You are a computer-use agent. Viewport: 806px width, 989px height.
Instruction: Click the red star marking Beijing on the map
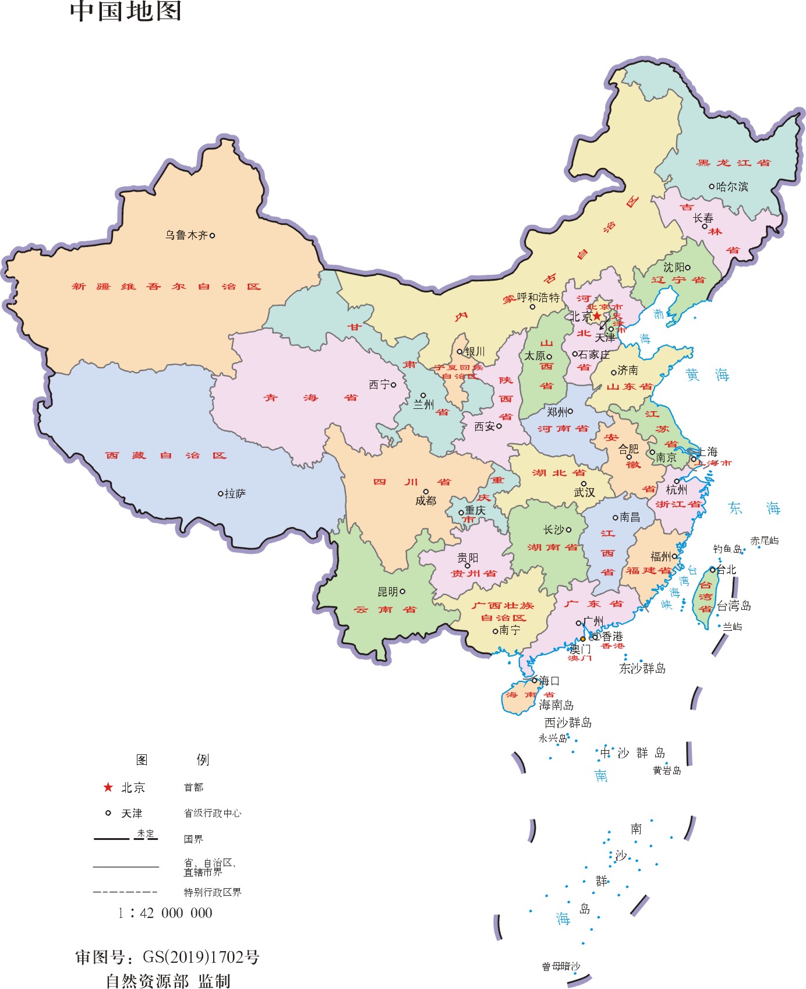(597, 316)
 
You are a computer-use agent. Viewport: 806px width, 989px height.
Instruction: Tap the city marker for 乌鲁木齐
(212, 235)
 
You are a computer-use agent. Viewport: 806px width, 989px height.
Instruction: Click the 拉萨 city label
(235, 493)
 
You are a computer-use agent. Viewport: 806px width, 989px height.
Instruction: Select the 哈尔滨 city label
(732, 186)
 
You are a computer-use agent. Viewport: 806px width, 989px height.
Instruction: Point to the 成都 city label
(426, 501)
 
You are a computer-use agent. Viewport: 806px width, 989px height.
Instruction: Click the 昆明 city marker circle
(402, 591)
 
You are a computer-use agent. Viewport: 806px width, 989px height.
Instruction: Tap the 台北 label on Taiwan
(726, 570)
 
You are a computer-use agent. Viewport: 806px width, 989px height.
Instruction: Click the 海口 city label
(549, 680)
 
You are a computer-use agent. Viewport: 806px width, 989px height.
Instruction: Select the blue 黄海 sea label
(707, 375)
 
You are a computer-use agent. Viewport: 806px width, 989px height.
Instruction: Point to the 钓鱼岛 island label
(727, 549)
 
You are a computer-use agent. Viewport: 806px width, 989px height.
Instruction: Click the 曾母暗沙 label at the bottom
(561, 966)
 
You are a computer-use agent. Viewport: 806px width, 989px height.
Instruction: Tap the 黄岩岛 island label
(667, 771)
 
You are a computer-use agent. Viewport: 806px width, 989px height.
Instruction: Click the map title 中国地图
(126, 10)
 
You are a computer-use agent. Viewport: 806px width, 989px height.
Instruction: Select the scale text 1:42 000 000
(165, 913)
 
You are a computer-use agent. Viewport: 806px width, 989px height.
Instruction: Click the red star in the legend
(108, 787)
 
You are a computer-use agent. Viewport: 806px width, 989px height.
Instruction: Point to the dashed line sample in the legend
(125, 892)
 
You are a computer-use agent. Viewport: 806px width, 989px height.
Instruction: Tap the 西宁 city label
(379, 384)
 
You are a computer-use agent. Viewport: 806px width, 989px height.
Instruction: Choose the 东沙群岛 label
(642, 668)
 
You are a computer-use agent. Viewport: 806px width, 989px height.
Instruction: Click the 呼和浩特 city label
(538, 298)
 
